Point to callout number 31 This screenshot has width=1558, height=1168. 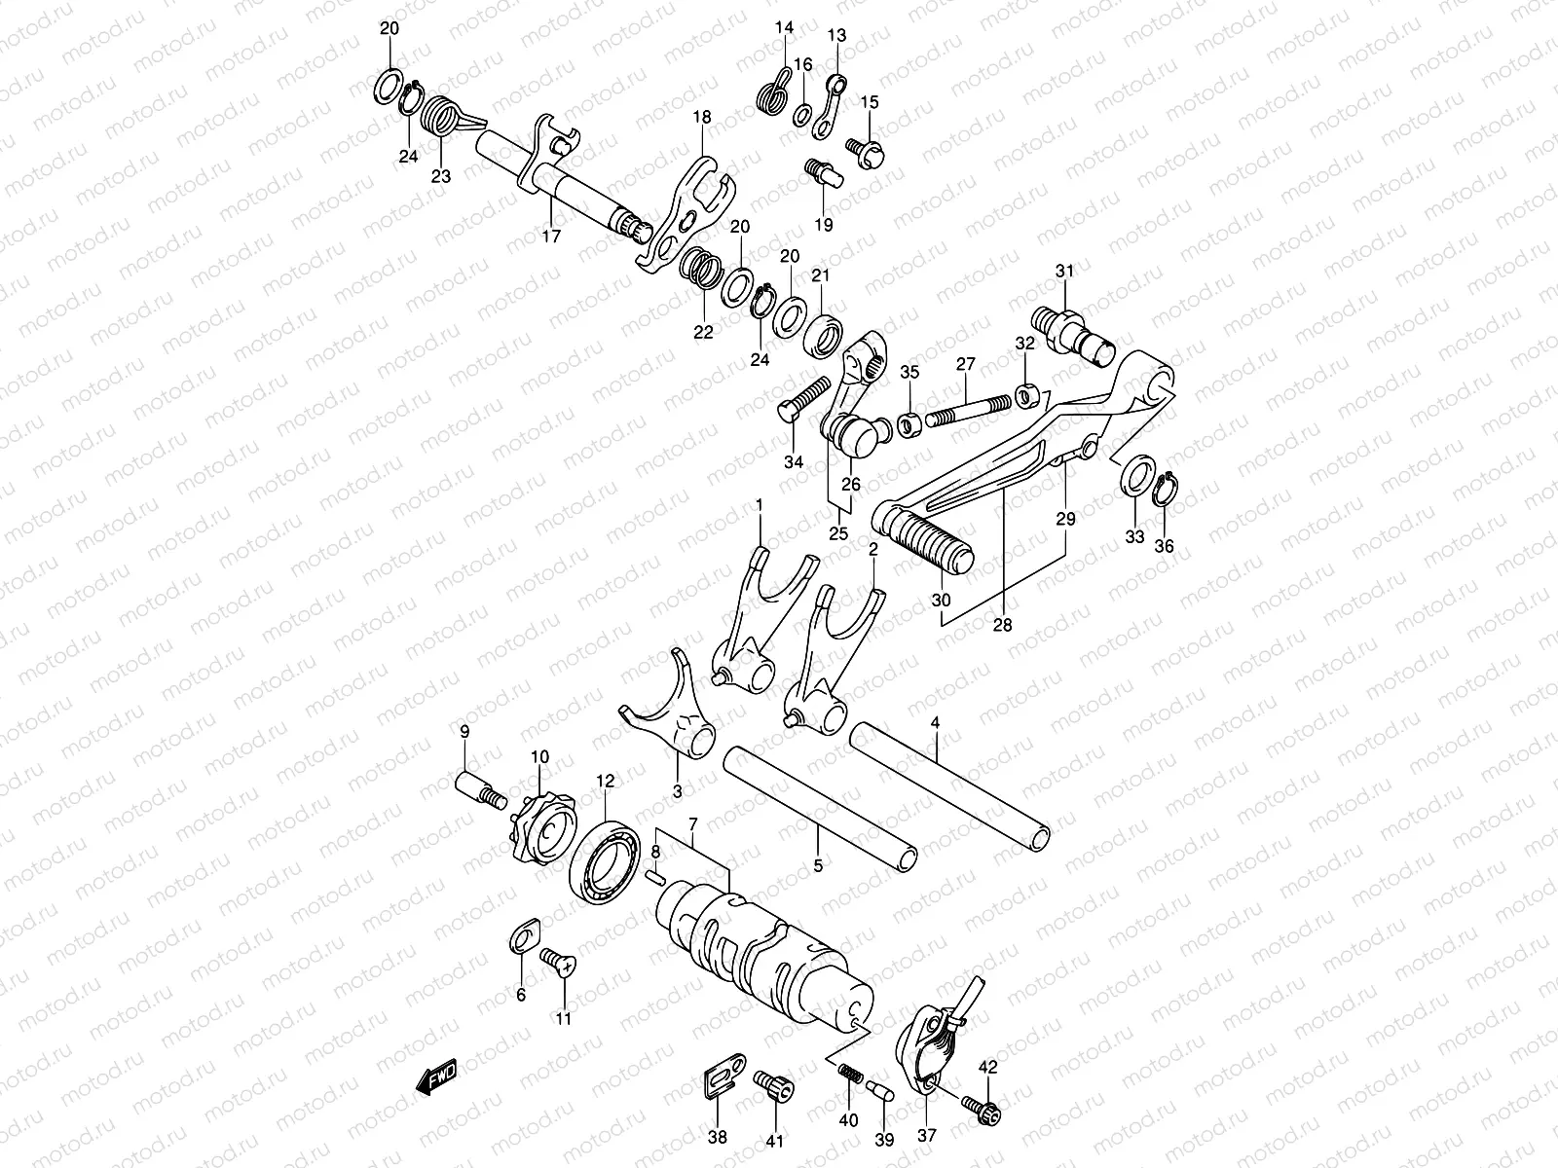coord(1063,271)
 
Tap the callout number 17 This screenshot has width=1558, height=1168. coord(551,237)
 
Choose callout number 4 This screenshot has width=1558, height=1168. coord(935,723)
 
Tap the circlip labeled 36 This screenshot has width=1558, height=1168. coord(1163,493)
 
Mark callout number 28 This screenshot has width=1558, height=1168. coord(1003,626)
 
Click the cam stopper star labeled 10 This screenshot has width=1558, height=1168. coord(536,816)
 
